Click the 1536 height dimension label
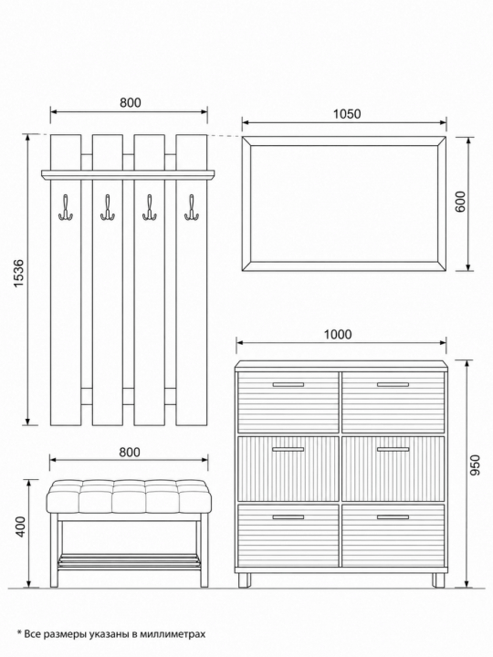pos(20,274)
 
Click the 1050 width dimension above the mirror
pos(347,113)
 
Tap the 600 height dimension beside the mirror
pos(459,202)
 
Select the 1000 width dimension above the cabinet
pos(338,334)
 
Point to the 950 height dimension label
pos(474,465)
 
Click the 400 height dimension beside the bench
pos(20,527)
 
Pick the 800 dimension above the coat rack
pos(131,102)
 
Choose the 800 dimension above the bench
pos(130,452)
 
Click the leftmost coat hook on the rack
pos(66,207)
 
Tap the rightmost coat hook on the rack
pos(192,207)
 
